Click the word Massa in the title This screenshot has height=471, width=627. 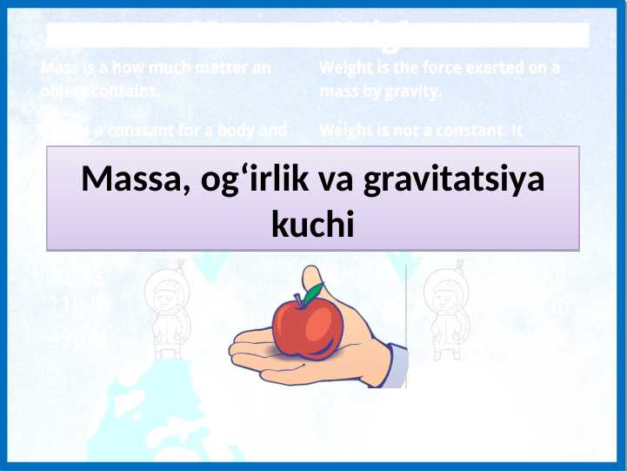click(x=125, y=181)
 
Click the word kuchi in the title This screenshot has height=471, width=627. click(x=313, y=225)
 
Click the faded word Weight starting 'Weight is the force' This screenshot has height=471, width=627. click(x=344, y=68)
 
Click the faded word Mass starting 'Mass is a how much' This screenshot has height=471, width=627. click(x=59, y=68)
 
